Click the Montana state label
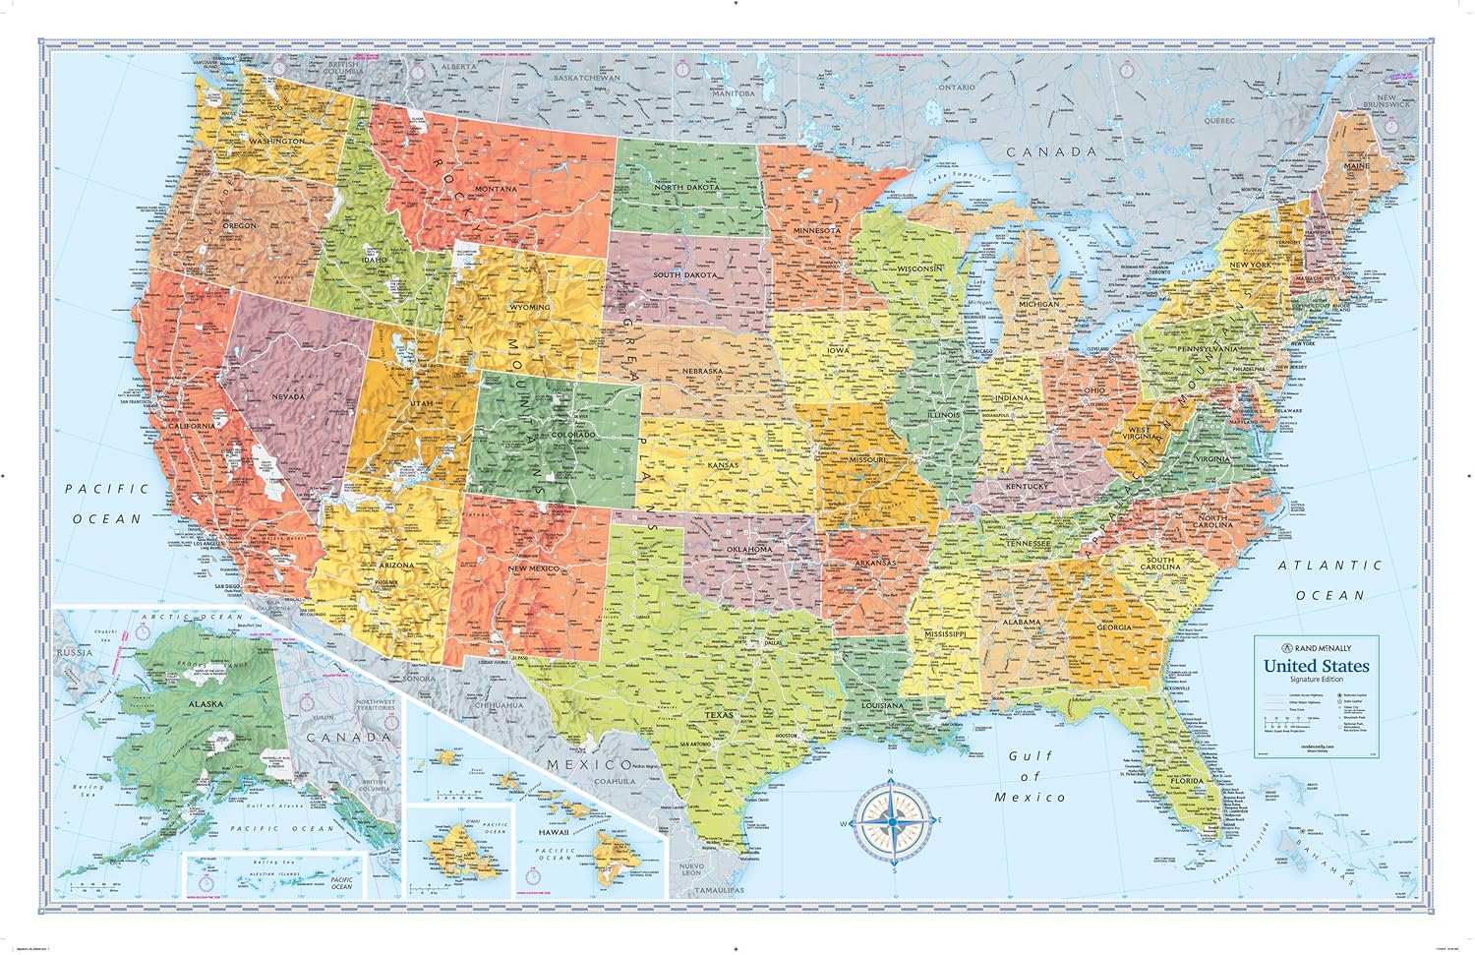tap(496, 189)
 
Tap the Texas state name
tap(719, 715)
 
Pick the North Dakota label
tap(687, 187)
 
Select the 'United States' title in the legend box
tap(1316, 666)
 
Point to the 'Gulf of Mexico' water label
tap(1030, 776)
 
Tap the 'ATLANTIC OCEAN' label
tap(1329, 579)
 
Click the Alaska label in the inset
tap(206, 704)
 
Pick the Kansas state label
tap(723, 465)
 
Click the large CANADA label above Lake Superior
tap(1050, 151)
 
